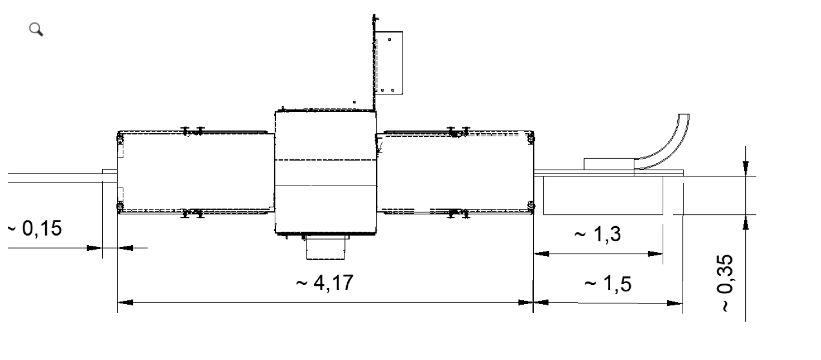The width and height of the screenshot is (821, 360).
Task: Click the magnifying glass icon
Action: tap(36, 29)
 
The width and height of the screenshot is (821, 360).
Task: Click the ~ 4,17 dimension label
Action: tap(325, 283)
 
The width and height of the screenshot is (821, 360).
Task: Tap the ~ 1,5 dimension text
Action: tap(608, 284)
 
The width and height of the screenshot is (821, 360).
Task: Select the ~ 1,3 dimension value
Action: tap(598, 234)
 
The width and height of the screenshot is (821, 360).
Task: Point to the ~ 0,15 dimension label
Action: tap(35, 228)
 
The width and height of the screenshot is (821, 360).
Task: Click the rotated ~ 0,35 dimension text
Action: tap(725, 283)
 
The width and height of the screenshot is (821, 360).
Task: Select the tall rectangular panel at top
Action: tap(389, 63)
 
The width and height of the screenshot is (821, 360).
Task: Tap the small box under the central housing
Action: tap(326, 248)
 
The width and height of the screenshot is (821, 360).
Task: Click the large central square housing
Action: tap(326, 172)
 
